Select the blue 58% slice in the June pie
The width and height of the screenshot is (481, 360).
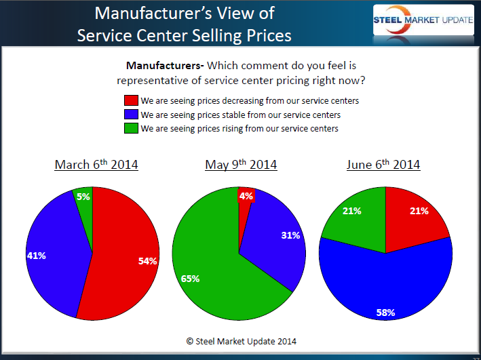(x=387, y=285)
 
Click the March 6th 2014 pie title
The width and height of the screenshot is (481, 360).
(x=96, y=165)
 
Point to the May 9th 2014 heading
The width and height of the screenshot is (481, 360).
(x=240, y=165)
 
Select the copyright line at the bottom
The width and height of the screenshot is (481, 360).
(x=241, y=341)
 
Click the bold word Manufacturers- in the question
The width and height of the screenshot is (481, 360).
(x=165, y=66)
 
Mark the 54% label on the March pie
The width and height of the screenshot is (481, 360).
(x=147, y=261)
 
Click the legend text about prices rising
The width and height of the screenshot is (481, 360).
(x=239, y=129)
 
